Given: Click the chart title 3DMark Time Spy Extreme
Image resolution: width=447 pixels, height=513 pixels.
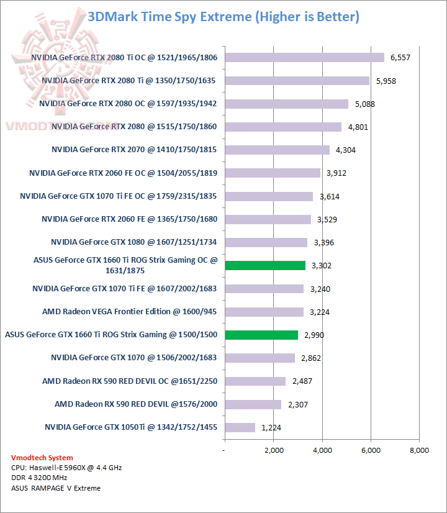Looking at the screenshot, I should (223, 17).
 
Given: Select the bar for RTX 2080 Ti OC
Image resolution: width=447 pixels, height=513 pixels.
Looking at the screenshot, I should (304, 57).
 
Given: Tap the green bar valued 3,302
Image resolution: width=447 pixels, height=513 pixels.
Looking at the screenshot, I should (265, 265).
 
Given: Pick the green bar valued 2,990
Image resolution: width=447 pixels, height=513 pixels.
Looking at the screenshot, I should (261, 335).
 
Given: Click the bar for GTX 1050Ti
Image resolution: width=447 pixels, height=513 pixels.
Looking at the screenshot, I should (240, 427).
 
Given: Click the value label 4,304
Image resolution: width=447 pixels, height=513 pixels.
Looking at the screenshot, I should (345, 150).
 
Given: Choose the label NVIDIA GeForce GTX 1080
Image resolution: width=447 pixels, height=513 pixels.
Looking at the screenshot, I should (134, 242).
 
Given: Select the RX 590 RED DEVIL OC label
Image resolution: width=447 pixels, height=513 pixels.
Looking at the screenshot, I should (130, 381).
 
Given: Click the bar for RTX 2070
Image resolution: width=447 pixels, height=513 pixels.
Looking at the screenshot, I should (277, 150).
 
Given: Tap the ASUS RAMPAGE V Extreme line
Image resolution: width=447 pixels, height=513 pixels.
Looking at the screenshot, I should (56, 488).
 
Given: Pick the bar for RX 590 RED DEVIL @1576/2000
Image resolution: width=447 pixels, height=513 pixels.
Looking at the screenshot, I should (253, 404).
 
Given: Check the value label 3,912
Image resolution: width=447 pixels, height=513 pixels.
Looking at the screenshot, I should (336, 173).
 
